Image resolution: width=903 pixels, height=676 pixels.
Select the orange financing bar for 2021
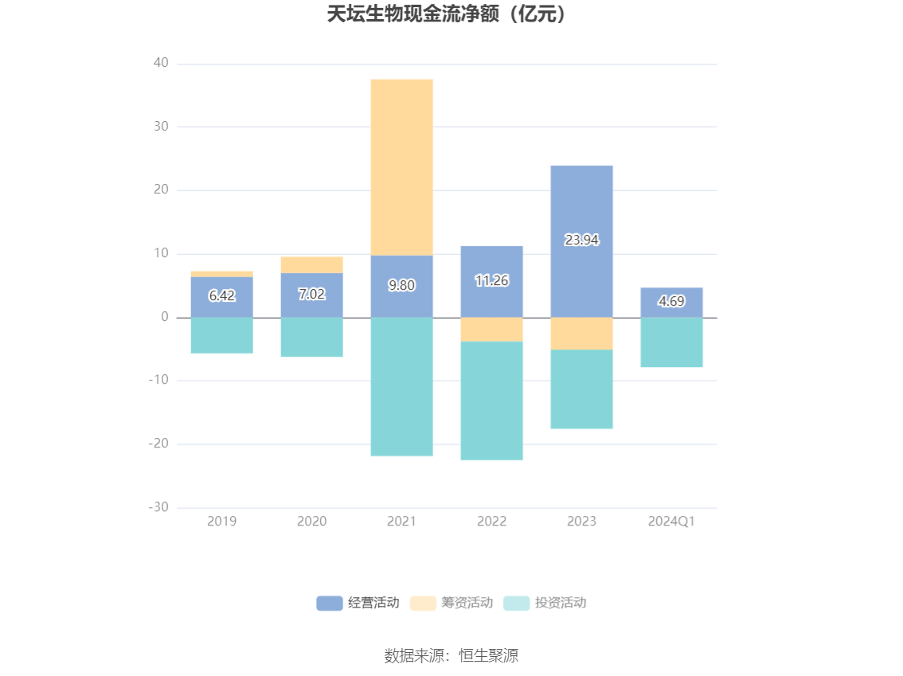pos(401,167)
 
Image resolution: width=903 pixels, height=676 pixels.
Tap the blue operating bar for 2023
pos(581,207)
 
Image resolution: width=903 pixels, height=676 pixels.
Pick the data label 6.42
pos(222,296)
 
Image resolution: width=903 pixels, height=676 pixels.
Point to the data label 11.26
pos(491,280)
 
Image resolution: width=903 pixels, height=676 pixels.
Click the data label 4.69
pos(671,302)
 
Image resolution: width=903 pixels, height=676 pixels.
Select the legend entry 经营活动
pos(358,603)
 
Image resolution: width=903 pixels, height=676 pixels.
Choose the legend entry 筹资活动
pos(451,603)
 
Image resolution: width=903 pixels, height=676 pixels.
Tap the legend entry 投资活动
pos(545,603)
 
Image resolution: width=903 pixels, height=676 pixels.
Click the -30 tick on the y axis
pos(158,507)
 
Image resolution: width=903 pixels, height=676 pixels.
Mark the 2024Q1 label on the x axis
pos(671,522)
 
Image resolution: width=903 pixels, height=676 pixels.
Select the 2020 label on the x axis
pos(311,522)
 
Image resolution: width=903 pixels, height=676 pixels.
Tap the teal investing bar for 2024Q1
pos(671,342)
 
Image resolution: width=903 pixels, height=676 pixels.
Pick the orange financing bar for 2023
pos(581,334)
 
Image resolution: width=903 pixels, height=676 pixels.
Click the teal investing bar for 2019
pos(222,335)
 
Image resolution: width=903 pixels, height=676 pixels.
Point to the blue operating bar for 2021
pos(401,271)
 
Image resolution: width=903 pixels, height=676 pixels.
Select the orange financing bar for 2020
pos(311,265)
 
